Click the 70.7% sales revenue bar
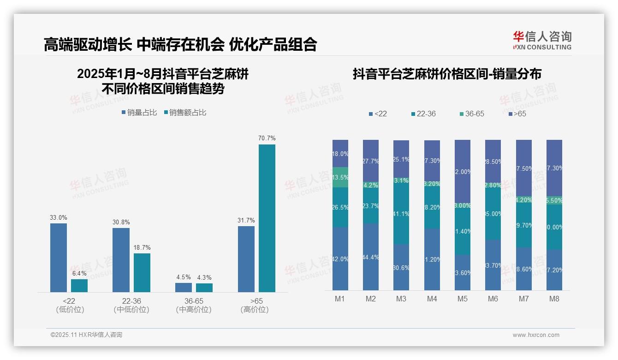point(267,218)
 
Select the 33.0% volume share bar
point(59,258)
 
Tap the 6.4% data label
point(79,274)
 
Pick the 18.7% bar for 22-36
point(142,272)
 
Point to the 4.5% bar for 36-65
point(184,287)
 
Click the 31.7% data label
point(246,221)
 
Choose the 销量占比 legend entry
point(139,113)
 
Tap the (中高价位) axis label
point(194,310)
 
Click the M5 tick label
point(463,299)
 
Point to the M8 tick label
point(554,299)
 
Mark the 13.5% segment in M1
point(340,177)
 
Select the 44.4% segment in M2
point(371,257)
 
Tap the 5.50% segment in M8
point(554,201)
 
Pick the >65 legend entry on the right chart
point(517,114)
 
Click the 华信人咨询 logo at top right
point(542,40)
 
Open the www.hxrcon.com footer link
point(536,335)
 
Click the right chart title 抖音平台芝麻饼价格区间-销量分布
point(447,74)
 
